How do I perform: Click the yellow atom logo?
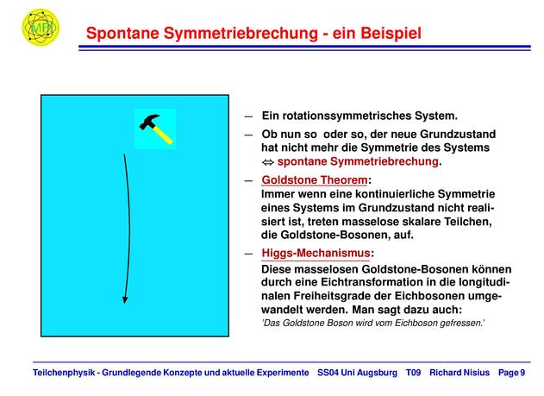click(41, 27)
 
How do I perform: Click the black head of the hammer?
click(149, 122)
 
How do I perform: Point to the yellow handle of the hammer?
click(163, 135)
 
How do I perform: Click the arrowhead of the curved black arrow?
click(125, 300)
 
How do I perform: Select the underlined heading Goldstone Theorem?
click(315, 180)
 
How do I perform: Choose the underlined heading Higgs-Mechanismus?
click(316, 253)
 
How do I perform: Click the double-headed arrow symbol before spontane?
click(268, 162)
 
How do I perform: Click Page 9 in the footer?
click(512, 373)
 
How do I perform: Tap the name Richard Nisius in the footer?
click(460, 373)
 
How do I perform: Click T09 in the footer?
click(413, 373)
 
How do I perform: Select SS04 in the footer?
click(328, 373)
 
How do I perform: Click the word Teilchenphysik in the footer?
click(64, 373)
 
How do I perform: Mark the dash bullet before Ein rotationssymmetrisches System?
click(248, 116)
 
